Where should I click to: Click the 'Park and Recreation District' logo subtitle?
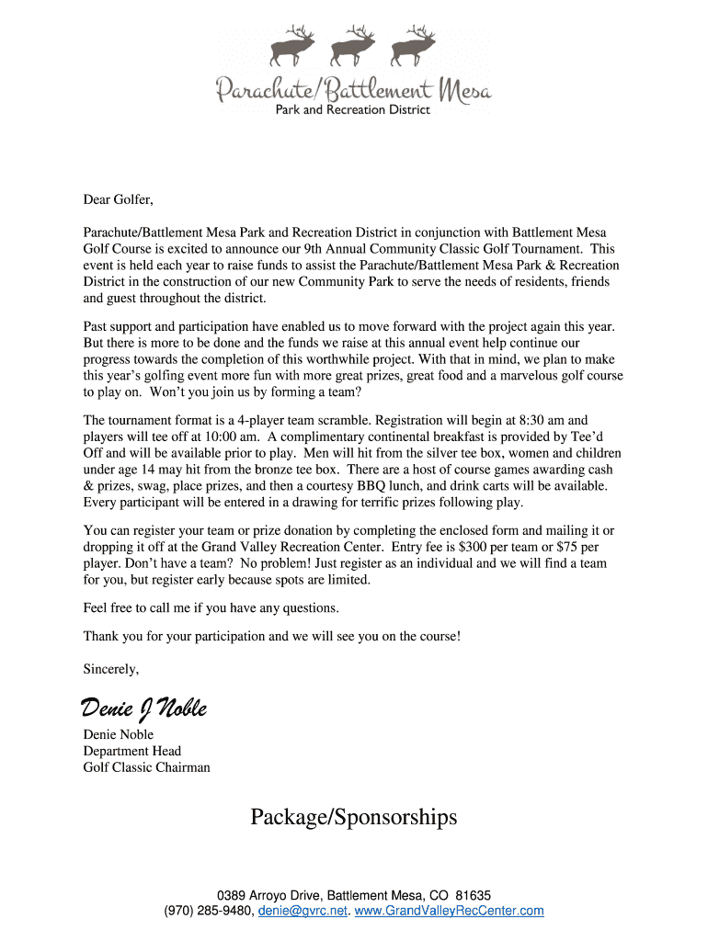click(x=353, y=110)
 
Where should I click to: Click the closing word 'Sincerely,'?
click(x=111, y=668)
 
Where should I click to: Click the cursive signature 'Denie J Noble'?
click(x=144, y=709)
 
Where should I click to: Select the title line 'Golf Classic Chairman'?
click(x=147, y=767)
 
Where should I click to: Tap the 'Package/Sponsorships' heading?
click(x=353, y=817)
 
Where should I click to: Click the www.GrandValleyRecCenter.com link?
click(x=449, y=911)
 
